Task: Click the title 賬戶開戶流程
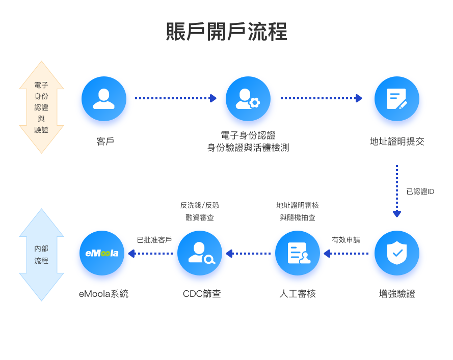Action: (x=227, y=32)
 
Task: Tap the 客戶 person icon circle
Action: (x=104, y=99)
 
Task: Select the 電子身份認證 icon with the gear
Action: (x=248, y=99)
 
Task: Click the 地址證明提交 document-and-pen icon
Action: (x=397, y=99)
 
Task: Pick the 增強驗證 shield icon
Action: (x=397, y=253)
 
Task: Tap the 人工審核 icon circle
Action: (x=298, y=253)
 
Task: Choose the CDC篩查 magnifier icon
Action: (x=200, y=253)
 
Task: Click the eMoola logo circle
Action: (x=102, y=253)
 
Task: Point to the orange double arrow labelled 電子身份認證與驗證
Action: (x=42, y=107)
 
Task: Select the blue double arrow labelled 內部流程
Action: (x=42, y=255)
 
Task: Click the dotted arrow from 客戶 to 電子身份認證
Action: (x=175, y=98)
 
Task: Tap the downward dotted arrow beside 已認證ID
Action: (x=397, y=191)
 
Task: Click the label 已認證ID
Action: (x=420, y=192)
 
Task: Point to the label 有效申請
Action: (x=346, y=240)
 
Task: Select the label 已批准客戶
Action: (x=154, y=240)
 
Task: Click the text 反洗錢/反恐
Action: (x=200, y=205)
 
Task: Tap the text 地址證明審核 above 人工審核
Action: (x=298, y=205)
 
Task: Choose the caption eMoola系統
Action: (x=104, y=294)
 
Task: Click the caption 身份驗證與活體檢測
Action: (x=248, y=148)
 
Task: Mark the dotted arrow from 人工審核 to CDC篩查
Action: (x=249, y=253)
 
